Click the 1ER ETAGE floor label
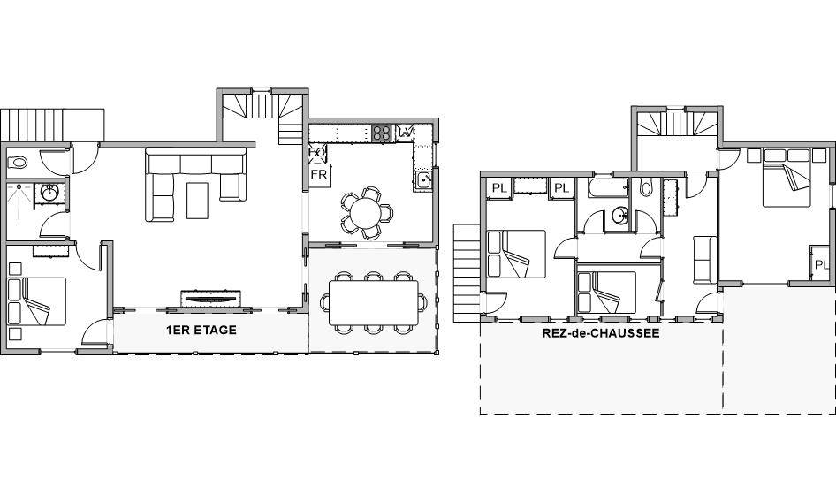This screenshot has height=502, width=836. pyautogui.click(x=201, y=331)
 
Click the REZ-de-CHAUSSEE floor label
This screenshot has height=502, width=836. pyautogui.click(x=601, y=333)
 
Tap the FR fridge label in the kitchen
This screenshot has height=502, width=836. pyautogui.click(x=318, y=175)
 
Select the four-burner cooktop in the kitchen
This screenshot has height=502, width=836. pyautogui.click(x=382, y=133)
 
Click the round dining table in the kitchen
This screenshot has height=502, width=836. pyautogui.click(x=365, y=212)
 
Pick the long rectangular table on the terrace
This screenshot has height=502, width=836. pyautogui.click(x=373, y=302)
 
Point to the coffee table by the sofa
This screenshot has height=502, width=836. pyautogui.click(x=197, y=201)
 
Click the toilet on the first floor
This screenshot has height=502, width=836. pyautogui.click(x=17, y=162)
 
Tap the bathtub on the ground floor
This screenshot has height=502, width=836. pyautogui.click(x=608, y=187)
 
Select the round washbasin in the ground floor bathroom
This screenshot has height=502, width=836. pyautogui.click(x=619, y=216)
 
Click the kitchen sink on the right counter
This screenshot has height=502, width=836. pyautogui.click(x=424, y=179)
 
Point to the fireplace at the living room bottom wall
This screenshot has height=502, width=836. pyautogui.click(x=211, y=298)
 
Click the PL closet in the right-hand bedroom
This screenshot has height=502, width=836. pyautogui.click(x=820, y=264)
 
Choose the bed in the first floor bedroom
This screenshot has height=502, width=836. pyautogui.click(x=37, y=301)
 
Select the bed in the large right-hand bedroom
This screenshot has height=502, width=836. pyautogui.click(x=787, y=177)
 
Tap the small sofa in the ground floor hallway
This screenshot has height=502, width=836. pyautogui.click(x=705, y=259)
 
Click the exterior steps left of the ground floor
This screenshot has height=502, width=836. pyautogui.click(x=467, y=273)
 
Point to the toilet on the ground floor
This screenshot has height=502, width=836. pyautogui.click(x=646, y=187)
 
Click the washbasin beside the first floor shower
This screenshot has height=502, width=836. pyautogui.click(x=50, y=194)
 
